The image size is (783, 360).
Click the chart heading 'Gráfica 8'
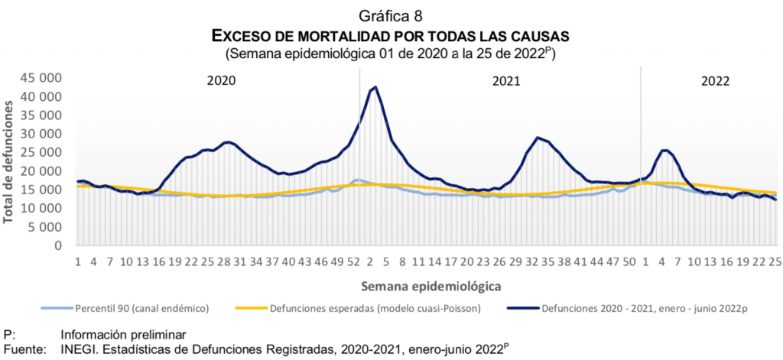point(391,15)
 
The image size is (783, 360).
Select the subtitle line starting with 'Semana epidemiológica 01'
point(391,54)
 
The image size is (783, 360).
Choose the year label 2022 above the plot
point(715,81)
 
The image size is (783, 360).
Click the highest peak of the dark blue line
point(375,87)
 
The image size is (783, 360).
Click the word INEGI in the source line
point(78,349)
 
